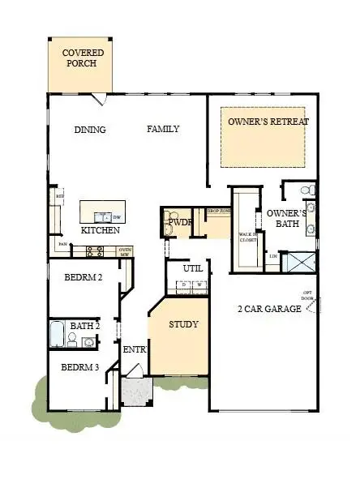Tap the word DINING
pyautogui.click(x=90, y=130)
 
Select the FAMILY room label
pyautogui.click(x=163, y=129)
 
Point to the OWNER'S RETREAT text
pyautogui.click(x=268, y=122)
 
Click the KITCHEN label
pyautogui.click(x=100, y=230)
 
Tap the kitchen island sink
pyautogui.click(x=104, y=216)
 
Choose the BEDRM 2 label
pyautogui.click(x=83, y=278)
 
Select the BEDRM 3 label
pyautogui.click(x=80, y=367)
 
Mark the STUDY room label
pyautogui.click(x=183, y=324)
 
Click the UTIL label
pyautogui.click(x=192, y=268)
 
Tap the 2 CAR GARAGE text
pyautogui.click(x=264, y=309)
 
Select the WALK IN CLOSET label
pyautogui.click(x=246, y=237)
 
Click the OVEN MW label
pyautogui.click(x=125, y=251)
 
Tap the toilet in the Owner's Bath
pyautogui.click(x=306, y=190)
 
